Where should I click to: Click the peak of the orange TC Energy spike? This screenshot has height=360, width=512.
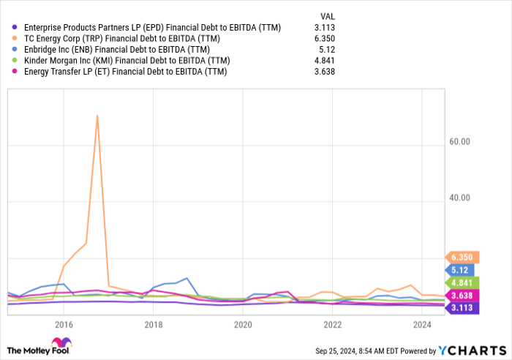click(97, 116)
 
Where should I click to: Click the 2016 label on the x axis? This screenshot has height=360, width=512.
click(64, 323)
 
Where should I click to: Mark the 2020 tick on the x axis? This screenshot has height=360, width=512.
click(243, 323)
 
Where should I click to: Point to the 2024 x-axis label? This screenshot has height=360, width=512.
click(422, 323)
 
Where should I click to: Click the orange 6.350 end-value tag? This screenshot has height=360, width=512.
click(462, 257)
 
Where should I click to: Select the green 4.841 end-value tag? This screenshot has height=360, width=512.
click(462, 282)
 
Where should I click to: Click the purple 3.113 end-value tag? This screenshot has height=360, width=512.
click(462, 308)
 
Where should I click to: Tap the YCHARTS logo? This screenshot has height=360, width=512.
click(474, 346)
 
